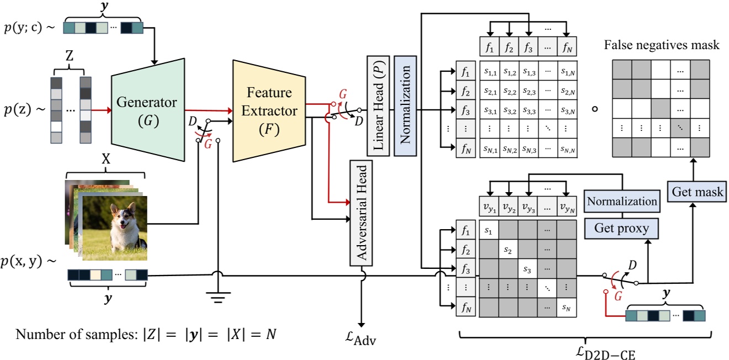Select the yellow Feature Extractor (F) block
click(268, 110)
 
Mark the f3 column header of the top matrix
click(529, 47)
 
